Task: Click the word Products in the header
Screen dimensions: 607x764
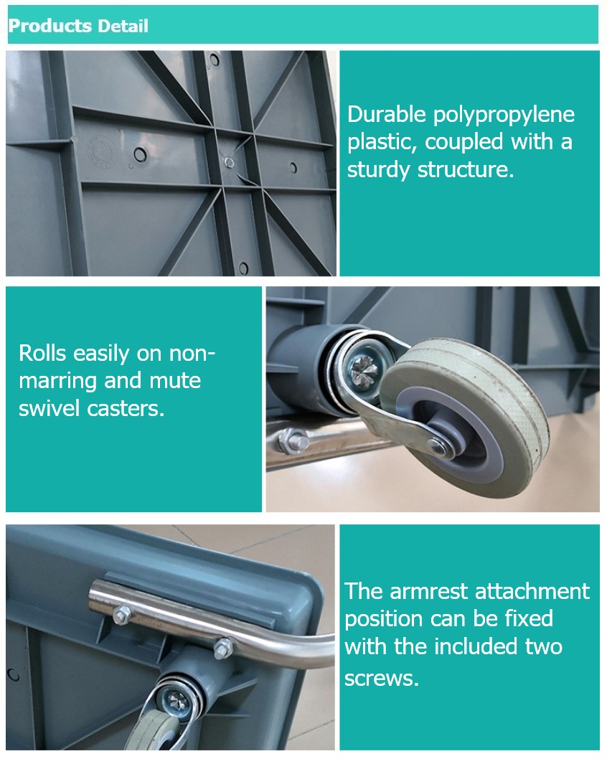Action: pos(50,26)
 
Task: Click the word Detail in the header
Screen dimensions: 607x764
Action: pos(123,26)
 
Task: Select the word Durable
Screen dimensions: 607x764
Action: pos(387,114)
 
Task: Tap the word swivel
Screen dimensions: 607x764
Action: pos(49,408)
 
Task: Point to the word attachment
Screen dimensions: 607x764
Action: pos(532,592)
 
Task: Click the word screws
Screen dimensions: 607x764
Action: pos(382,678)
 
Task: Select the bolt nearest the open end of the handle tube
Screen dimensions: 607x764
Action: pos(121,615)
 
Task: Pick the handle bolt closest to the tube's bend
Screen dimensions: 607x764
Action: pos(223,649)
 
